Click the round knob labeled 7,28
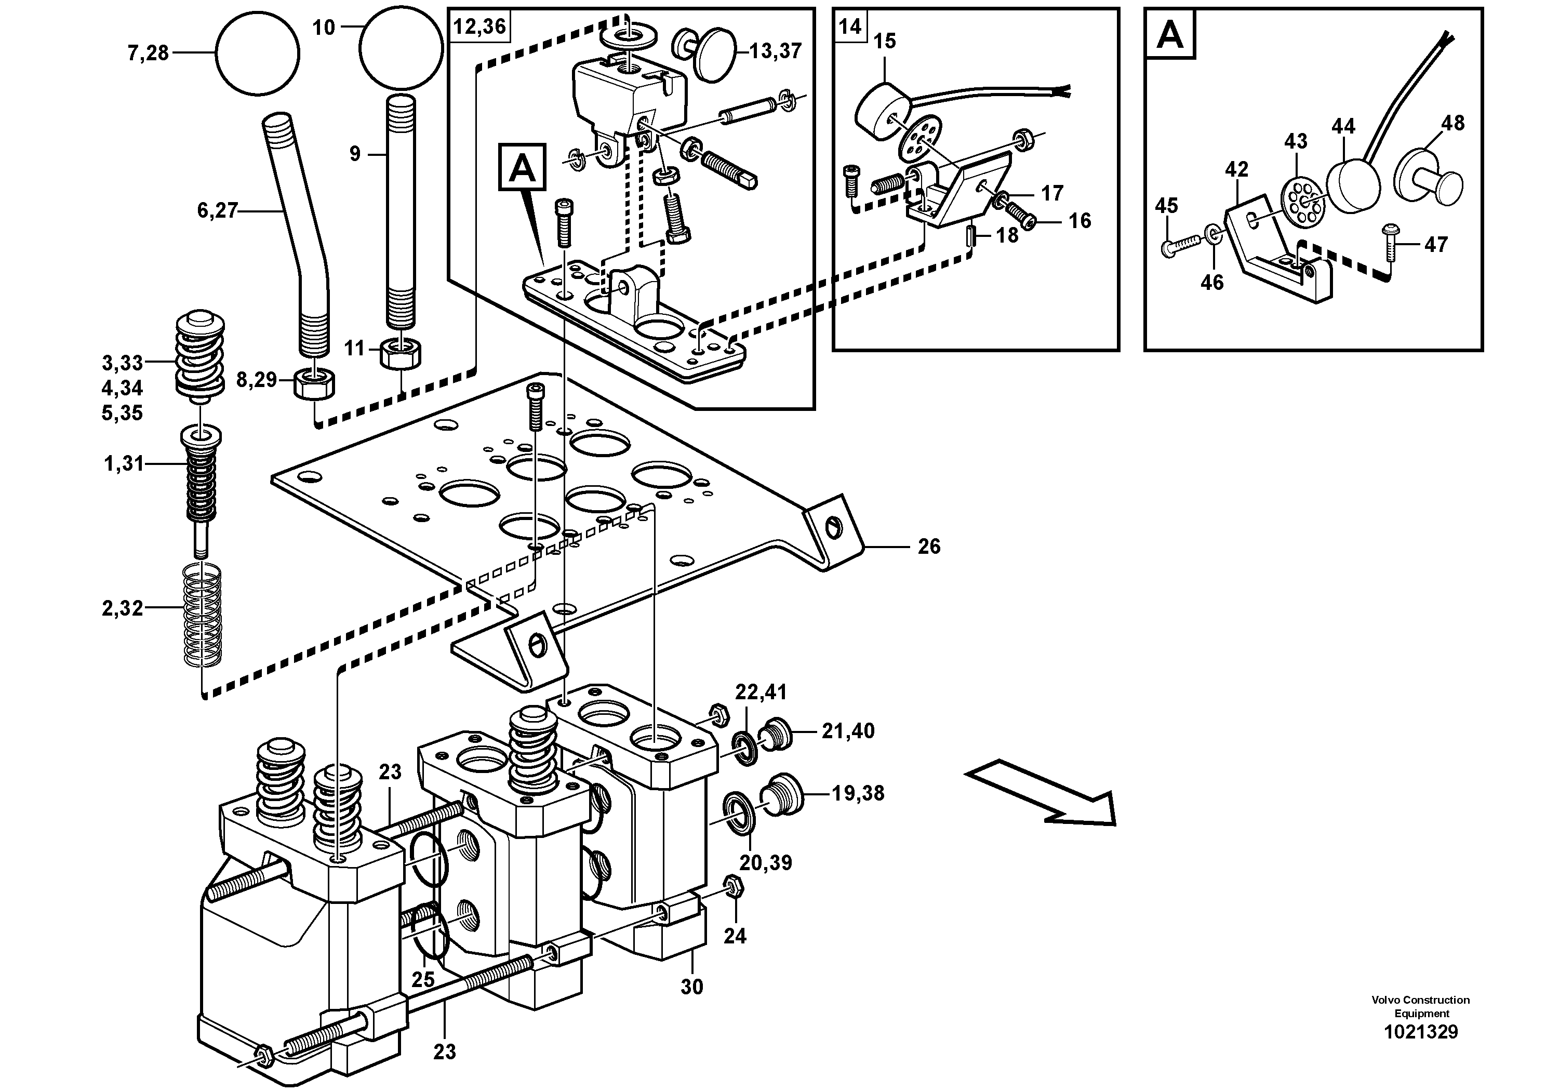click(x=257, y=53)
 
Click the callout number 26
click(x=928, y=546)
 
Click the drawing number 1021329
click(x=1421, y=1050)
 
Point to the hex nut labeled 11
click(x=402, y=353)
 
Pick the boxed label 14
click(x=850, y=26)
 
